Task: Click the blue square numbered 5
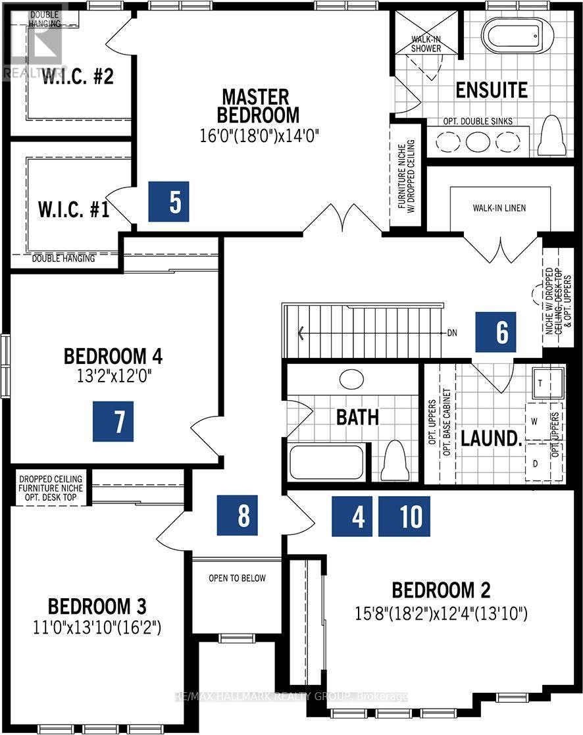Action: tap(168, 201)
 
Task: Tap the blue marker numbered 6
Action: tap(496, 332)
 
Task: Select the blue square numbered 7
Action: tap(113, 421)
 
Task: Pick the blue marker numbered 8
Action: tap(237, 515)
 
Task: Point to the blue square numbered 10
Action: tap(404, 516)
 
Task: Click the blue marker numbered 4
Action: tap(352, 516)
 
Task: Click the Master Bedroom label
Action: tap(256, 106)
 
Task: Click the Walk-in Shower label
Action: tap(426, 44)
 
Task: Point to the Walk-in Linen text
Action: tap(499, 208)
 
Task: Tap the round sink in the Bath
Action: tap(351, 379)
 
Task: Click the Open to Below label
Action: tap(237, 578)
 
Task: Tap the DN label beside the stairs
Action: tap(452, 333)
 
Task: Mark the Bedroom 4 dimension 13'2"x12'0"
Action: tap(114, 376)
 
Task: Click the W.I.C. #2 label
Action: tap(78, 76)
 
